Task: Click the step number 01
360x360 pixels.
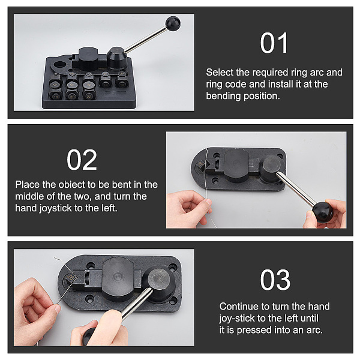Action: coord(274,43)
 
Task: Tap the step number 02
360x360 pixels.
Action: coord(82,160)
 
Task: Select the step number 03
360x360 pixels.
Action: coord(275,280)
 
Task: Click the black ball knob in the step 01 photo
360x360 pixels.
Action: coord(173,23)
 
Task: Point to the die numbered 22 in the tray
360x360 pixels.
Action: coord(89,95)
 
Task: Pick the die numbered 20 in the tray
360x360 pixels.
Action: coord(72,95)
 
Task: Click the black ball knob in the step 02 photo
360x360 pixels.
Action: coord(323,212)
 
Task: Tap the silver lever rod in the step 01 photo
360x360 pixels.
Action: coord(146,39)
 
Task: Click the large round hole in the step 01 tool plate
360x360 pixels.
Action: coord(61,64)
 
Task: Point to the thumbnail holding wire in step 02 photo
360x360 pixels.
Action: coord(208,202)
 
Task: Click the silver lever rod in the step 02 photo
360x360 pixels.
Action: coord(296,189)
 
